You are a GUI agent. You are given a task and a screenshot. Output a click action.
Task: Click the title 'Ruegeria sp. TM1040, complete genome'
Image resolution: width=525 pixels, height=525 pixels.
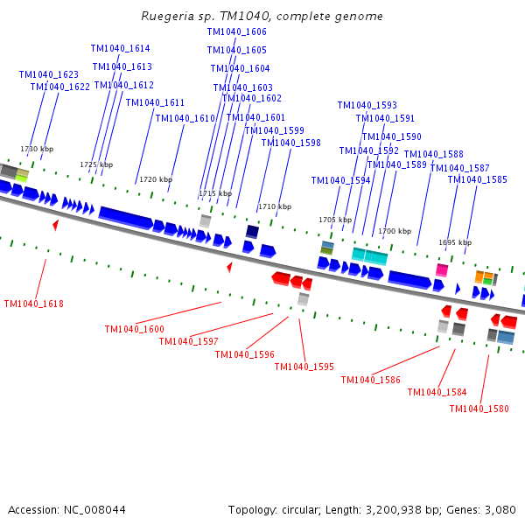tap(262, 17)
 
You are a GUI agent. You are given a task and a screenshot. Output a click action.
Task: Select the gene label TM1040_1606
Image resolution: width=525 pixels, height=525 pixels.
tap(236, 31)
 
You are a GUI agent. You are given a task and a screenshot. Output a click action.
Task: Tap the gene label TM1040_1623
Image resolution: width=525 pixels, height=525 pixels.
tap(49, 74)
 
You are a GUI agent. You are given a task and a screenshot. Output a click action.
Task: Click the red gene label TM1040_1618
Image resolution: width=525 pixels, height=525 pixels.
tap(33, 304)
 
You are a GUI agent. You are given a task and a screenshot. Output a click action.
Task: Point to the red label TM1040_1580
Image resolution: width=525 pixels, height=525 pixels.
tap(479, 409)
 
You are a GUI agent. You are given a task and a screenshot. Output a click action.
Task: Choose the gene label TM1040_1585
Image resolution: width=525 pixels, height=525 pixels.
tap(477, 179)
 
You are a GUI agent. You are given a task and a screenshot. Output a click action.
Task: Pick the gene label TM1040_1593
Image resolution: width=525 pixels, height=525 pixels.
tap(367, 105)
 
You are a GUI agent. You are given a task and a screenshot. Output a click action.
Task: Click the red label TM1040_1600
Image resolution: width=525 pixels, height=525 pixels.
tap(134, 329)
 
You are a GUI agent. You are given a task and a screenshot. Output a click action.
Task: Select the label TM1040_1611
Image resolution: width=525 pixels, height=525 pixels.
tap(155, 102)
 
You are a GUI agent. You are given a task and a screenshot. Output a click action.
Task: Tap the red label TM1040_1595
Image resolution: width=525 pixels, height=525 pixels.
tap(304, 367)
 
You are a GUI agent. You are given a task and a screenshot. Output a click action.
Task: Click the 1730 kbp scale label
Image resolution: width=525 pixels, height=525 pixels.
tap(37, 150)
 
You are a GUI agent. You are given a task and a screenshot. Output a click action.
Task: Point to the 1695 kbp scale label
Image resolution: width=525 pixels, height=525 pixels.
tap(455, 242)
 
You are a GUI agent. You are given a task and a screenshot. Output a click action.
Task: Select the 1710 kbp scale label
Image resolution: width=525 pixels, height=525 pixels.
tap(274, 206)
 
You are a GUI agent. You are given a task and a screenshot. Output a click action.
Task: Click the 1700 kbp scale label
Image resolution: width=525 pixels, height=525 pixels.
tap(394, 231)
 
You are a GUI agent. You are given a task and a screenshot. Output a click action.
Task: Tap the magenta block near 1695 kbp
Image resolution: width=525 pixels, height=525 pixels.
tap(442, 270)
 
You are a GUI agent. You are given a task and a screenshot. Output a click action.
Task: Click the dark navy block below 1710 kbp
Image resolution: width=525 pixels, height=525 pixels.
tap(252, 232)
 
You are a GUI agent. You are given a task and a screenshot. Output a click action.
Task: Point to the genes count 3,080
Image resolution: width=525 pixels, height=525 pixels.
tap(500, 509)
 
